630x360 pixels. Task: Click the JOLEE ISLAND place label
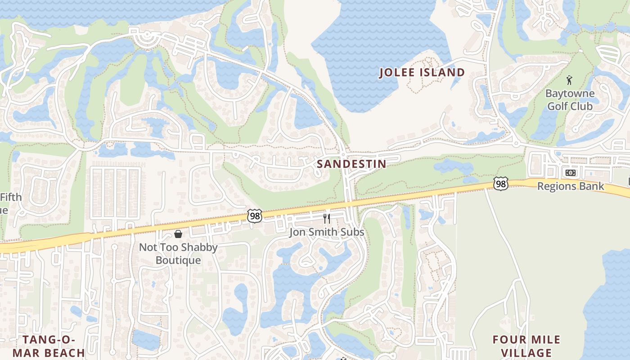pyautogui.click(x=422, y=72)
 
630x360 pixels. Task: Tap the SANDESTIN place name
pyautogui.click(x=351, y=164)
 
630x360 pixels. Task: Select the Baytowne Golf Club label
pyautogui.click(x=570, y=100)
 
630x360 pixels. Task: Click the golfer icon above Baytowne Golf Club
pyautogui.click(x=570, y=81)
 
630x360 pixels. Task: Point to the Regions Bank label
pyautogui.click(x=571, y=186)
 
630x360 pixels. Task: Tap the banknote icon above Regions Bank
pyautogui.click(x=570, y=173)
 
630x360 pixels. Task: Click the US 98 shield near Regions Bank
pyautogui.click(x=500, y=183)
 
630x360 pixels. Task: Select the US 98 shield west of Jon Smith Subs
pyautogui.click(x=254, y=216)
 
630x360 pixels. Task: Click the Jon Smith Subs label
pyautogui.click(x=327, y=232)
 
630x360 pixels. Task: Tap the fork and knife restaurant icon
pyautogui.click(x=327, y=219)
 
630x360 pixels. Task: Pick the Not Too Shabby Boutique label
pyautogui.click(x=178, y=253)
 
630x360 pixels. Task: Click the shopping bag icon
pyautogui.click(x=178, y=234)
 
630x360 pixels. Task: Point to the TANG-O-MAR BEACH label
pyautogui.click(x=49, y=346)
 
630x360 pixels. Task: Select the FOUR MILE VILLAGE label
pyautogui.click(x=526, y=346)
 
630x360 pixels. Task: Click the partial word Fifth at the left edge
pyautogui.click(x=10, y=197)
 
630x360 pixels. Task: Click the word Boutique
pyautogui.click(x=178, y=260)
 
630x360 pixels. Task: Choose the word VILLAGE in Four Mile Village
pyautogui.click(x=526, y=353)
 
